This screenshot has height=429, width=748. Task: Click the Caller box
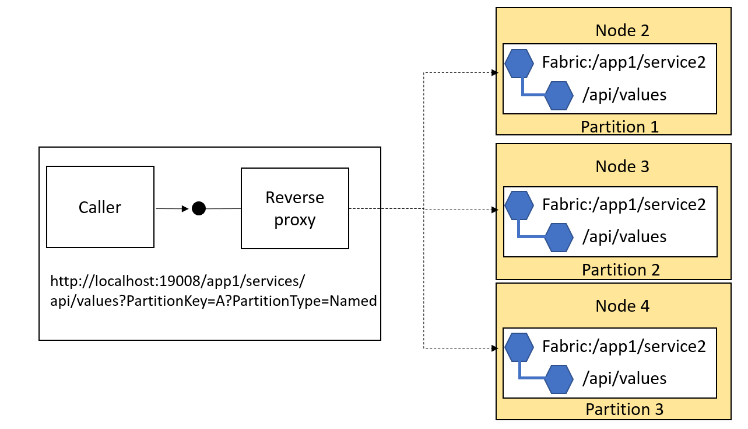[100, 207]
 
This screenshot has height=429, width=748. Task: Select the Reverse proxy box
[294, 208]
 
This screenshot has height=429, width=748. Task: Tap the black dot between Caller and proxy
[199, 208]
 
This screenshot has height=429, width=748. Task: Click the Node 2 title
[622, 30]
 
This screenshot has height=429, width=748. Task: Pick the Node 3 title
[622, 166]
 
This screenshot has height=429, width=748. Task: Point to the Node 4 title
[622, 306]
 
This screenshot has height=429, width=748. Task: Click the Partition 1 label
[620, 127]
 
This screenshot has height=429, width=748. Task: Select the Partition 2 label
[621, 270]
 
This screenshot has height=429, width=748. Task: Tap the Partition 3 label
[624, 409]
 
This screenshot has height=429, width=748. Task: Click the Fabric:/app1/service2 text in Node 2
[624, 62]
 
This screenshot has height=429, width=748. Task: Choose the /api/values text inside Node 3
[624, 236]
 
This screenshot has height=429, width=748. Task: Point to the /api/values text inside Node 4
[624, 378]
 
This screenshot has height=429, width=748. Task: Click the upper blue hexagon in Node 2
[519, 64]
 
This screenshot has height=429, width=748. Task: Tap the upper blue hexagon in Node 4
[519, 347]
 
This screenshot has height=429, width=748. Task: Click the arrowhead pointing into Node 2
[494, 72]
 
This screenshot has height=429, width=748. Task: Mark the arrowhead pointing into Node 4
[494, 348]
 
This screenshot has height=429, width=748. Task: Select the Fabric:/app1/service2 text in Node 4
[624, 346]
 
